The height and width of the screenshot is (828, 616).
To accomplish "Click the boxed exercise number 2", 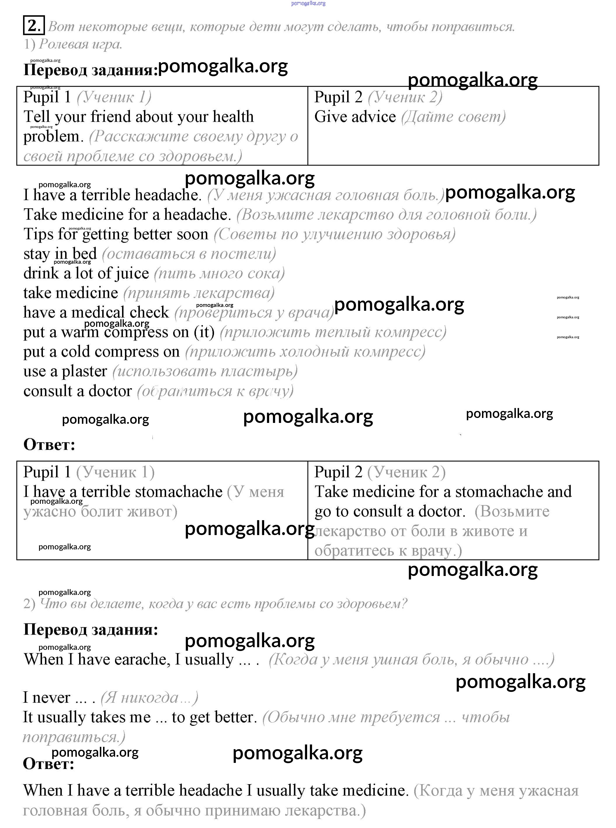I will tap(34, 26).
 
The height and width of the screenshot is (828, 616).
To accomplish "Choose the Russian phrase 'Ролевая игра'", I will tap(81, 44).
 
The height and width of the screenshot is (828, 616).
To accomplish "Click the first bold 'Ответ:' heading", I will tap(49, 445).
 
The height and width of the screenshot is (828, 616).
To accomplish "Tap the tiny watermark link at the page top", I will tap(308, 3).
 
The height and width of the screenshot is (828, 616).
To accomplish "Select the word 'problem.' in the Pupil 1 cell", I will tap(53, 136).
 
